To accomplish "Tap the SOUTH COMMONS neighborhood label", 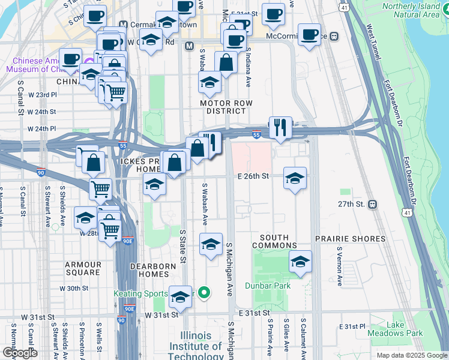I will pyautogui.click(x=274, y=242).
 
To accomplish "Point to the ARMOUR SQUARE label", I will pyautogui.click(x=83, y=268).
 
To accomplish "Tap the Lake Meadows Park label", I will pyautogui.click(x=405, y=329).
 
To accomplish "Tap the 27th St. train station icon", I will pyautogui.click(x=373, y=204).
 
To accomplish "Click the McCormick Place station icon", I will pyautogui.click(x=334, y=37).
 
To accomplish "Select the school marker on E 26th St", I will pyautogui.click(x=295, y=178).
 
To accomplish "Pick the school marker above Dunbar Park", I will pyautogui.click(x=301, y=262).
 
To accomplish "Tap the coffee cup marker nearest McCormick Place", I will pyautogui.click(x=310, y=35).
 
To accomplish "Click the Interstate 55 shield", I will pyautogui.click(x=256, y=136).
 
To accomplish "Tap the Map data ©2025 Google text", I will pyautogui.click(x=411, y=355).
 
